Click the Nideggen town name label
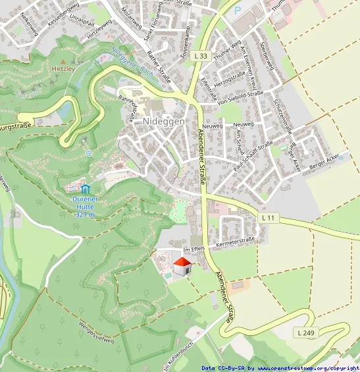click(x=163, y=121)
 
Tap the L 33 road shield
click(x=201, y=57)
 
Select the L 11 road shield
click(x=268, y=217)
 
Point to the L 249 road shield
click(x=305, y=333)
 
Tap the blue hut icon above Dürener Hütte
click(x=85, y=190)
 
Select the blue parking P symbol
click(x=238, y=11)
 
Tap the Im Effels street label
click(x=194, y=249)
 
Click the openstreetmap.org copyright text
click(x=280, y=368)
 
